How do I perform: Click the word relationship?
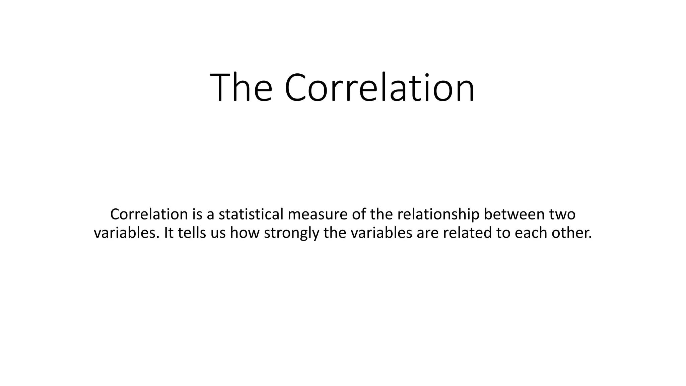(438, 214)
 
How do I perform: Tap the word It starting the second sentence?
(168, 233)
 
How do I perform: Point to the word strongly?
(291, 233)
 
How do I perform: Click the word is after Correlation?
(197, 214)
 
